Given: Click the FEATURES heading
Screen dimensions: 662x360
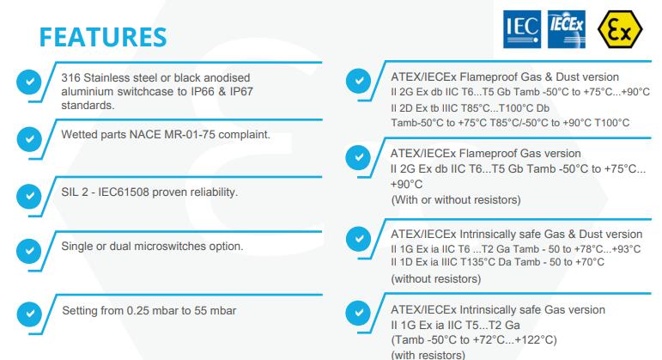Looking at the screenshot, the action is [103, 37].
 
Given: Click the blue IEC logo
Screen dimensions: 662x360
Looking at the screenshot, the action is [522, 29].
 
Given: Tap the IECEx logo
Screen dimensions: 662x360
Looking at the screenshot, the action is [566, 29].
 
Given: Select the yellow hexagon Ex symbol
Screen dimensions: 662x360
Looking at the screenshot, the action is [620, 29].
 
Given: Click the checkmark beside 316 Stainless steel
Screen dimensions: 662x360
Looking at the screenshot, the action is [29, 82].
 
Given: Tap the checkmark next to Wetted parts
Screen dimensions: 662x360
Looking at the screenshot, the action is [29, 139].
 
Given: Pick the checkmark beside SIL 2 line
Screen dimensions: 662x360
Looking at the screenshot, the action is [29, 196].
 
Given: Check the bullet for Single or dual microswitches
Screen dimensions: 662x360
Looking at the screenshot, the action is [29, 251].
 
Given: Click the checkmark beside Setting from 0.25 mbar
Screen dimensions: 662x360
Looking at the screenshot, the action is [29, 314].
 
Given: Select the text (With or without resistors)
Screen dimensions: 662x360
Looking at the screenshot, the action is [456, 199].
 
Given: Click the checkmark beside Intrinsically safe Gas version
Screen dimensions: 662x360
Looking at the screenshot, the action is [358, 313].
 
